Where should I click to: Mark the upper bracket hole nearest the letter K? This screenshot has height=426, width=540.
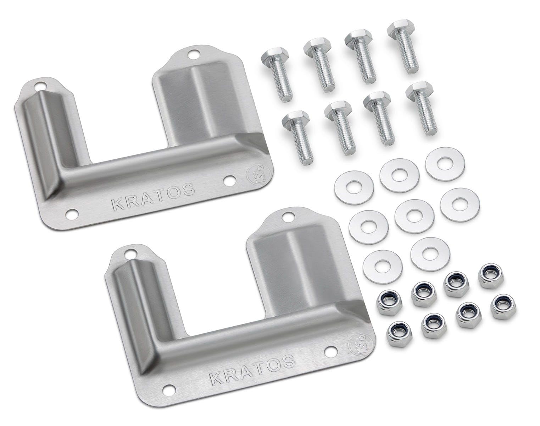coord(72,214)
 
